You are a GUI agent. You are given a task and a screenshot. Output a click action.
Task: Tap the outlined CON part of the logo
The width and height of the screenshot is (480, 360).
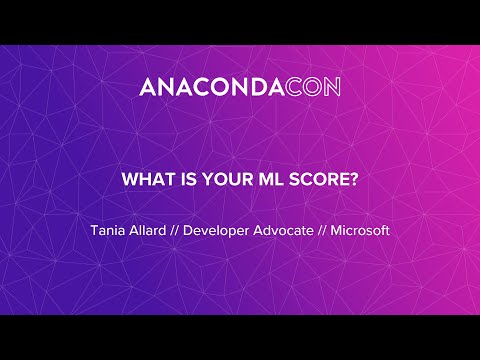coord(313,87)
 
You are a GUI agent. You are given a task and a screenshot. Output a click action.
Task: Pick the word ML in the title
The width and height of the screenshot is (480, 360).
coord(255,181)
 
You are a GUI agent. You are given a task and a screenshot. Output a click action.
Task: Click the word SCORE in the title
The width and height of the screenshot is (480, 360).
coord(305,181)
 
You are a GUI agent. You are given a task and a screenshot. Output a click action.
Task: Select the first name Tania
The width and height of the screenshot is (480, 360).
coord(108,230)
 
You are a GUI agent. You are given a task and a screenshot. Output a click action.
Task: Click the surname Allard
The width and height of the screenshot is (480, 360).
coord(150,230)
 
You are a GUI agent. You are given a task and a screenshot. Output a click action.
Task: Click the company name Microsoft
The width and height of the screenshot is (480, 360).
coord(360,230)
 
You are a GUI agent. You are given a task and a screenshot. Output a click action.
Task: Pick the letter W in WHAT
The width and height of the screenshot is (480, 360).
coord(128,181)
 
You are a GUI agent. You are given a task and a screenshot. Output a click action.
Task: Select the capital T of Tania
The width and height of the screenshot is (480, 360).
coord(94,230)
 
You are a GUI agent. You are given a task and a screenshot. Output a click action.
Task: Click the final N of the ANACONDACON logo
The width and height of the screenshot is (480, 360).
coord(332,87)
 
